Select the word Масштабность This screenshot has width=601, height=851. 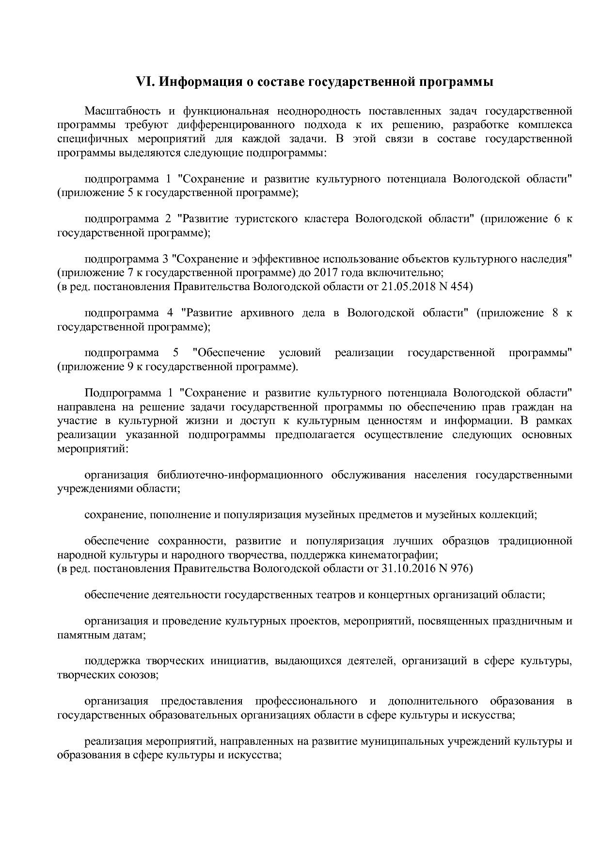pyautogui.click(x=120, y=111)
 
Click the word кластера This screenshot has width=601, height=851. pyautogui.click(x=326, y=219)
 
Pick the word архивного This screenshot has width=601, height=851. pyautogui.click(x=267, y=312)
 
